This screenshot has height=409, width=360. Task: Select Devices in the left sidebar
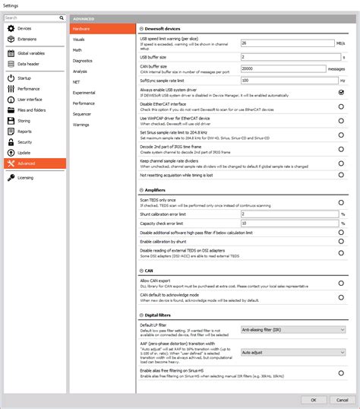(x=24, y=28)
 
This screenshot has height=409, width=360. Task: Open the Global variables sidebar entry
(x=31, y=54)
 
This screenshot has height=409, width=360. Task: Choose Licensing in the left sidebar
(x=25, y=178)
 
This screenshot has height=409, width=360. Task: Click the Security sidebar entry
(x=24, y=141)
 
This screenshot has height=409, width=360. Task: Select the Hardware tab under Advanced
(x=81, y=28)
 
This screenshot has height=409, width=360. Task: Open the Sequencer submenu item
(x=82, y=113)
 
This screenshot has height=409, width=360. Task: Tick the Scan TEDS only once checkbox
(x=342, y=203)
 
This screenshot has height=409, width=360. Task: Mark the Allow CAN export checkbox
(x=342, y=283)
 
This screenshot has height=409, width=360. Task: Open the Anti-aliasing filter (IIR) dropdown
(x=291, y=330)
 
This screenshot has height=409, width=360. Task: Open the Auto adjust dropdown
(x=291, y=353)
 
